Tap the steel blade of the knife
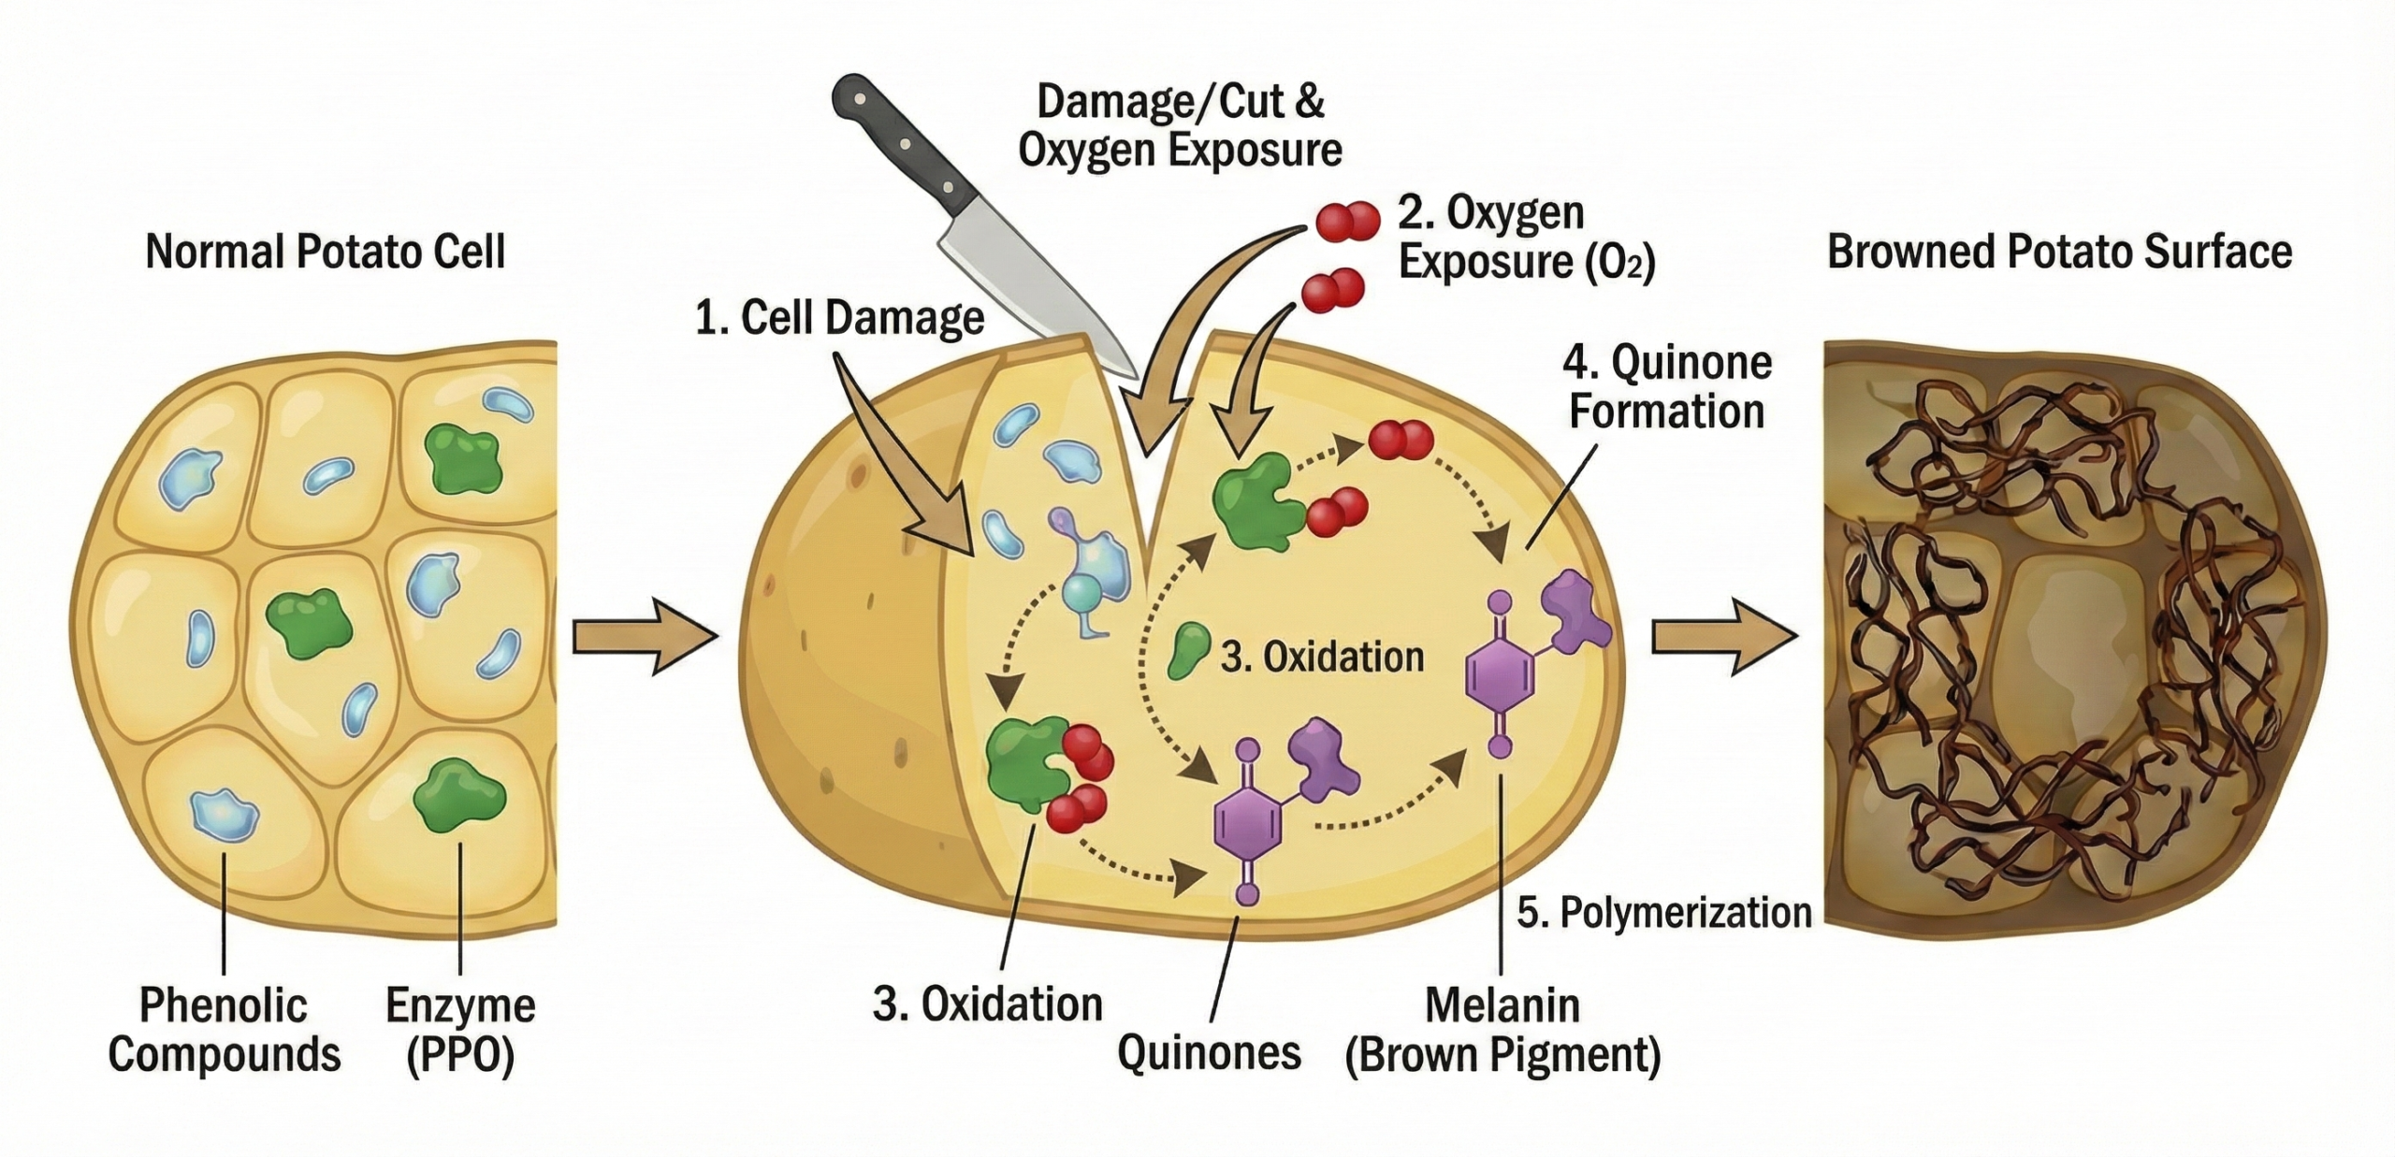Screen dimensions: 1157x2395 (x=1038, y=281)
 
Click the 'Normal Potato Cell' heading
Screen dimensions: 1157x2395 (x=326, y=252)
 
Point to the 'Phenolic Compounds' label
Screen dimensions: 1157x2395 (x=224, y=1030)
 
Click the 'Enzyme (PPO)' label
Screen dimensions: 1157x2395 (x=460, y=1030)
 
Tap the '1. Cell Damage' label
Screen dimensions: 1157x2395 (x=839, y=318)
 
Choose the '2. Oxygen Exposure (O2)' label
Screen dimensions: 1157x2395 (x=1525, y=238)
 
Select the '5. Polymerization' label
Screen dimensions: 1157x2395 (x=1664, y=912)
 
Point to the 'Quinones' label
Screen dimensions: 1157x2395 (x=1209, y=1052)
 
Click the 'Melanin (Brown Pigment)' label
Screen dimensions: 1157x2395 (x=1502, y=1030)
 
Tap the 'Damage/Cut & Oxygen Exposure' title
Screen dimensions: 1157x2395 (x=1181, y=125)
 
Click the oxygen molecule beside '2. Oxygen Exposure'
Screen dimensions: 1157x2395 (x=1348, y=221)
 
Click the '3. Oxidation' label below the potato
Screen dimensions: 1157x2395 (x=988, y=1004)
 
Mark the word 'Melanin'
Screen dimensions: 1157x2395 (x=1502, y=1005)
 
